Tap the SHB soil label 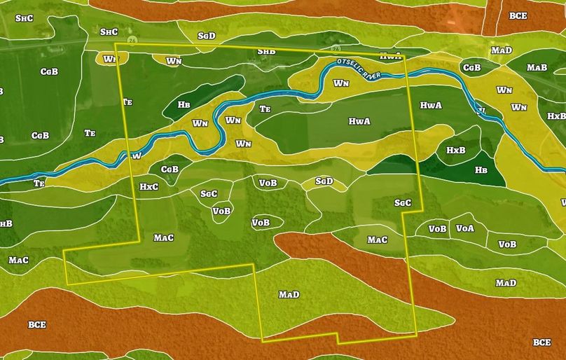pos(266,51)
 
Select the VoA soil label pos(464,228)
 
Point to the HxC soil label pos(149,187)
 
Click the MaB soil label pos(537,68)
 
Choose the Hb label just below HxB pos(481,169)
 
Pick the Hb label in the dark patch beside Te pos(184,104)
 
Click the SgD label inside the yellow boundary pos(324,181)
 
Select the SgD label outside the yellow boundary pos(207,35)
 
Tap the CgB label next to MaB pos(471,68)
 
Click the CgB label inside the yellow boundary pos(170,169)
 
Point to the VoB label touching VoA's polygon pos(437,228)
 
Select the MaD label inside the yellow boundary pos(289,294)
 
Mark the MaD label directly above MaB pos(501,50)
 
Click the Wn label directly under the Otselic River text pos(341,83)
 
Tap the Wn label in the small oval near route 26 pos(110,59)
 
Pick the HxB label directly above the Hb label pos(456,151)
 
